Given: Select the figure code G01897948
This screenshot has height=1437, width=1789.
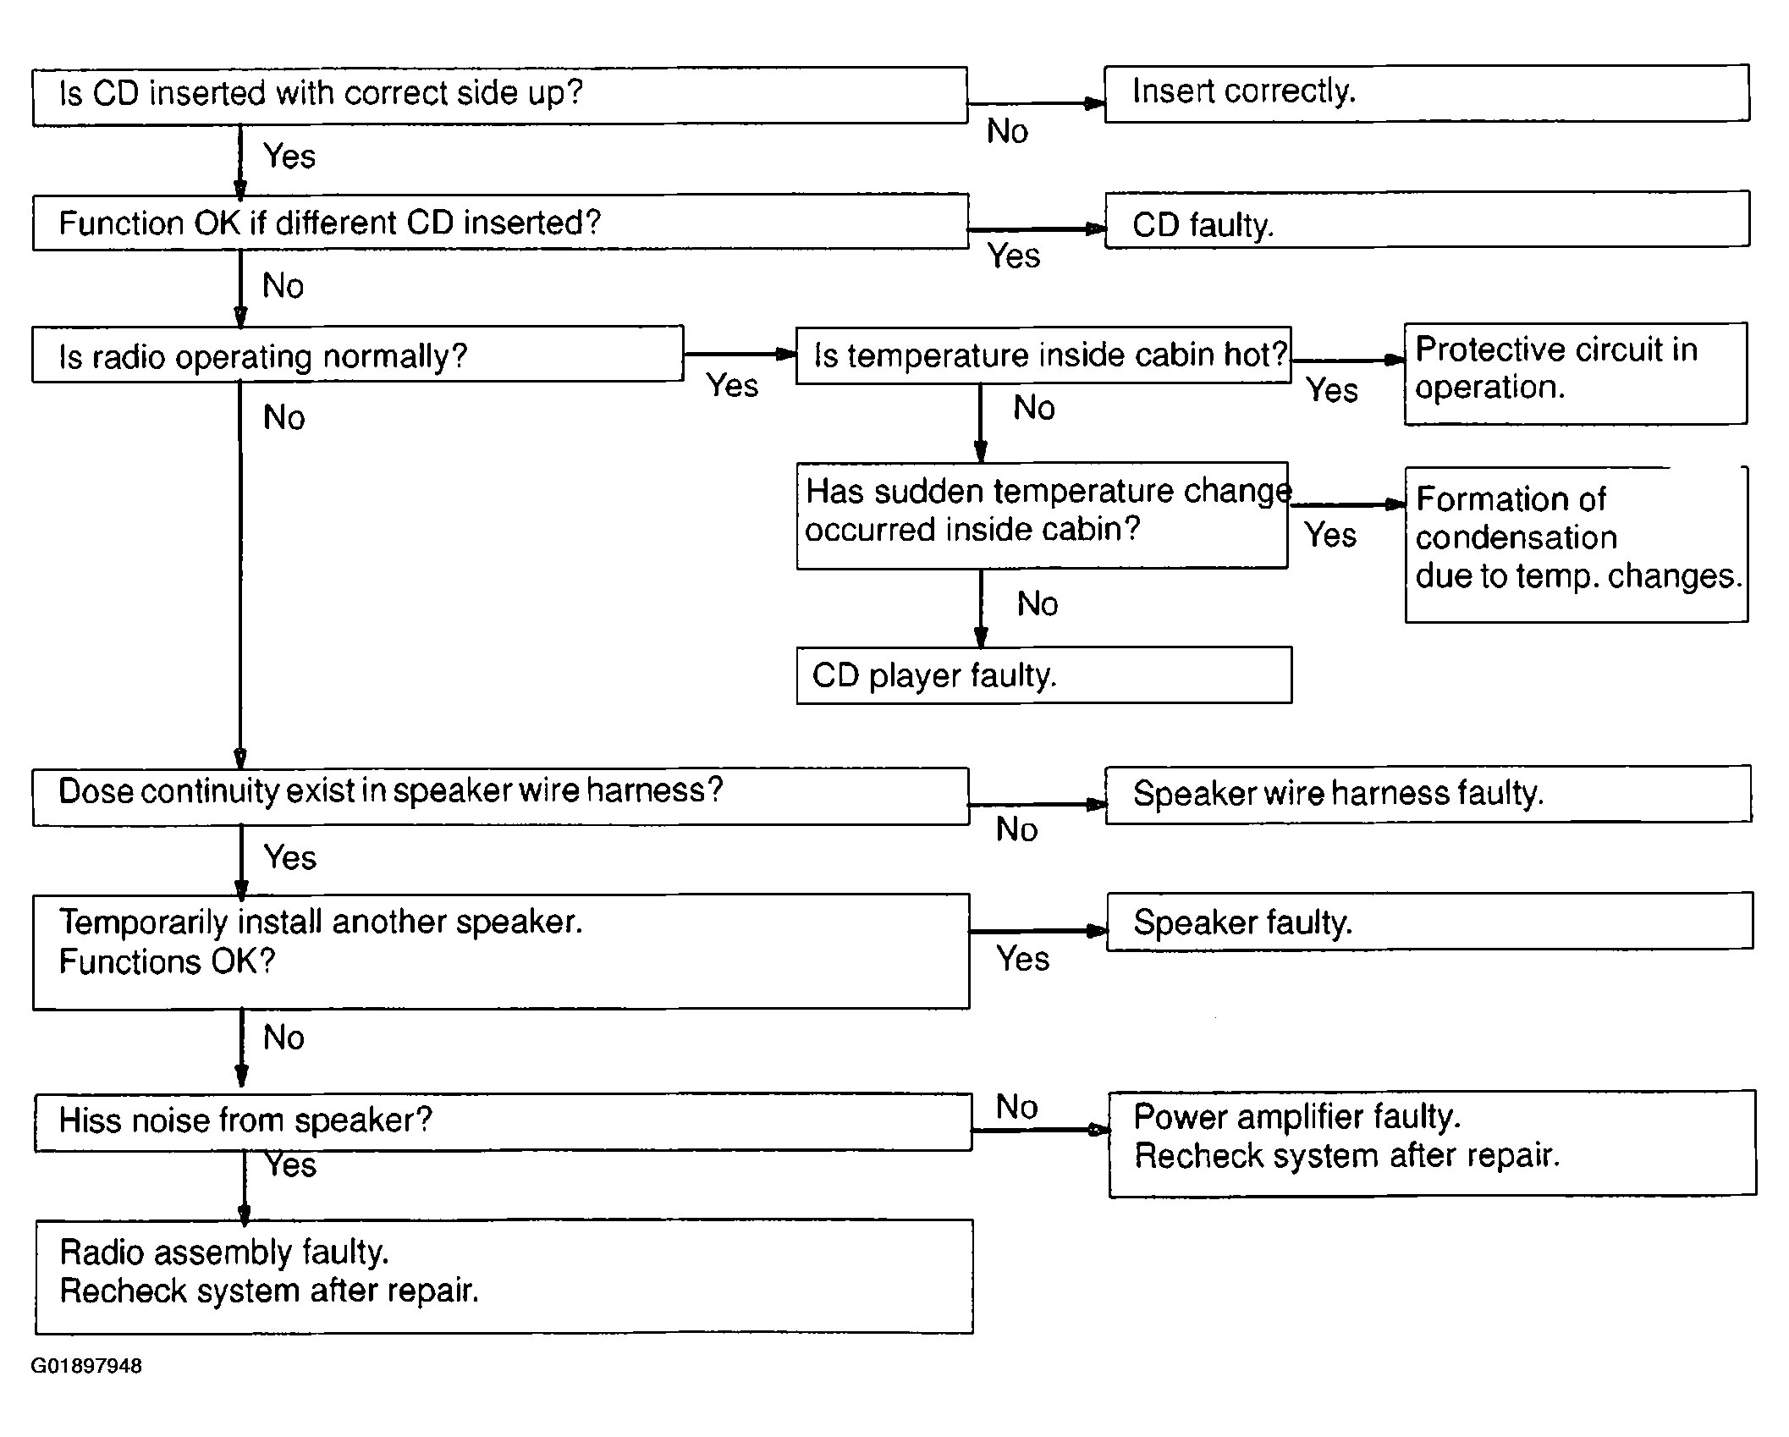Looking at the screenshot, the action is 86,1366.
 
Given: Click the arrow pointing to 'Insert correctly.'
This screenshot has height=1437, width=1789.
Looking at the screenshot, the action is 1036,104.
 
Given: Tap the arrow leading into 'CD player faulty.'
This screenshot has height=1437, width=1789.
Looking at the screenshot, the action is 981,608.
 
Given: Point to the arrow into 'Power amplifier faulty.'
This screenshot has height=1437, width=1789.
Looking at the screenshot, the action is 1040,1129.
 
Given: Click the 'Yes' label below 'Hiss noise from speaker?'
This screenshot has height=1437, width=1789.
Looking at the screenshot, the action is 290,1165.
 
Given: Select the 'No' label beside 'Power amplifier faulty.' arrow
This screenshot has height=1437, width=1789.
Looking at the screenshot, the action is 1016,1106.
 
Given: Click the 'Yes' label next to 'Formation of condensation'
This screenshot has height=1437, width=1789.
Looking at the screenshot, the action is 1330,535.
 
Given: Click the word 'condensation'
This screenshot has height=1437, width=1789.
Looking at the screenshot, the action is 1516,538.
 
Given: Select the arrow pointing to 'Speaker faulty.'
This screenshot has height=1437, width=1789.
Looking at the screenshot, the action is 1038,931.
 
